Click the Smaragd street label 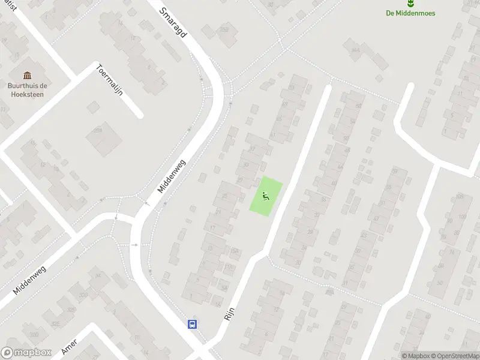click(174, 23)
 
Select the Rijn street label click(229, 311)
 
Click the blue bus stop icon click(193, 324)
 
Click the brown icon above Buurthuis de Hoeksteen click(27, 75)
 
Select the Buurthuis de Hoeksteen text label click(27, 89)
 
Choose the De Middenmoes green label click(411, 13)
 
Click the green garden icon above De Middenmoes click(411, 4)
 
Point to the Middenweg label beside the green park click(173, 176)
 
